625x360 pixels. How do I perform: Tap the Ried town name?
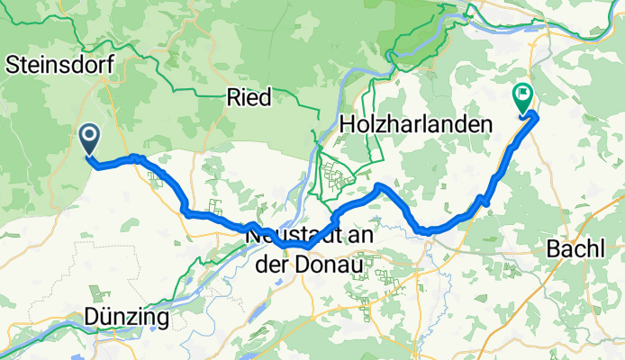[249, 98]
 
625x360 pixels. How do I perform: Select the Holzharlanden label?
[416, 122]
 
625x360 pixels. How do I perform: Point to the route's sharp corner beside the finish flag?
[536, 113]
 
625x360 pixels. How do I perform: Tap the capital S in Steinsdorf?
[13, 64]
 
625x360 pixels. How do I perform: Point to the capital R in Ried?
[232, 98]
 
